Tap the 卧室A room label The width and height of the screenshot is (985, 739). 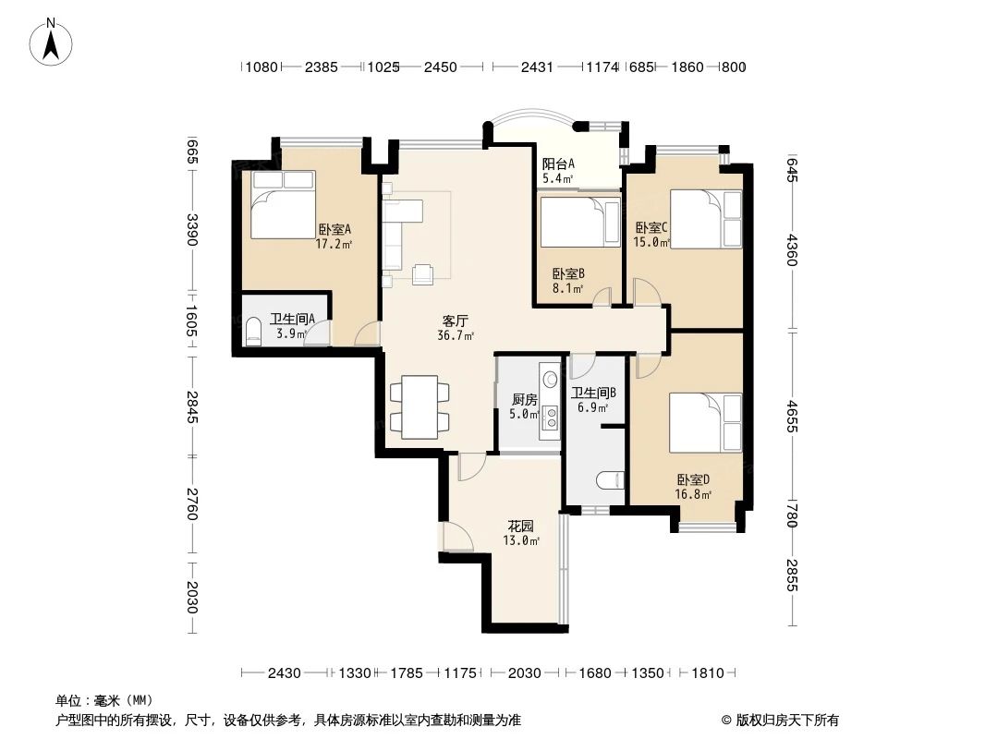click(x=334, y=230)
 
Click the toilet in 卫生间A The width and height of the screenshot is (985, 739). click(x=253, y=333)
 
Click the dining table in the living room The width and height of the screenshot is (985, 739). click(x=420, y=406)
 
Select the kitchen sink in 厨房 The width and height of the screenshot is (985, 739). click(x=551, y=379)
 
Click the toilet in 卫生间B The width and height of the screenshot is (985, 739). click(x=611, y=481)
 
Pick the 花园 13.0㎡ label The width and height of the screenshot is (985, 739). click(x=520, y=533)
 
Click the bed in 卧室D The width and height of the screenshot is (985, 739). click(x=706, y=423)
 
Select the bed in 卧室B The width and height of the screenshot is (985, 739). click(x=579, y=223)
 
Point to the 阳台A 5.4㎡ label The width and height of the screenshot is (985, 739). click(x=558, y=171)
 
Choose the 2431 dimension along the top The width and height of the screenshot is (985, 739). click(x=537, y=67)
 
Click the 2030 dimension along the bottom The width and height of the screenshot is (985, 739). click(x=524, y=673)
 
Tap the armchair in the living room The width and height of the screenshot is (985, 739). click(x=423, y=273)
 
